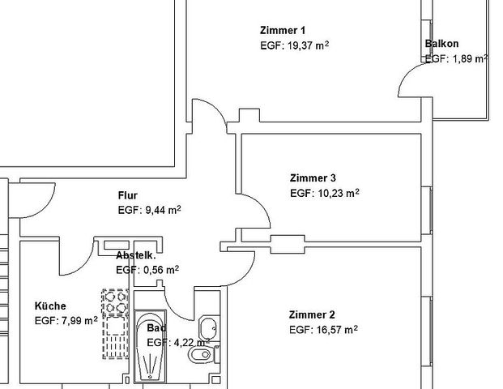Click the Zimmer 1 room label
(x=283, y=30)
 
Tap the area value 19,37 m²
(x=295, y=46)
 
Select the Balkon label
(x=441, y=45)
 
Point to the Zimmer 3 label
(x=312, y=178)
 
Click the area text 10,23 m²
(x=324, y=194)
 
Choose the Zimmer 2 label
(x=311, y=314)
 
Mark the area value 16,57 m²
(x=323, y=330)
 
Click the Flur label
(x=128, y=195)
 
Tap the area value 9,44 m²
(x=148, y=210)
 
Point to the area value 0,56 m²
(x=147, y=270)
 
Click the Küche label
(x=50, y=306)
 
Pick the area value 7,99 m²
(x=66, y=321)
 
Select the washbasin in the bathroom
(x=207, y=328)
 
